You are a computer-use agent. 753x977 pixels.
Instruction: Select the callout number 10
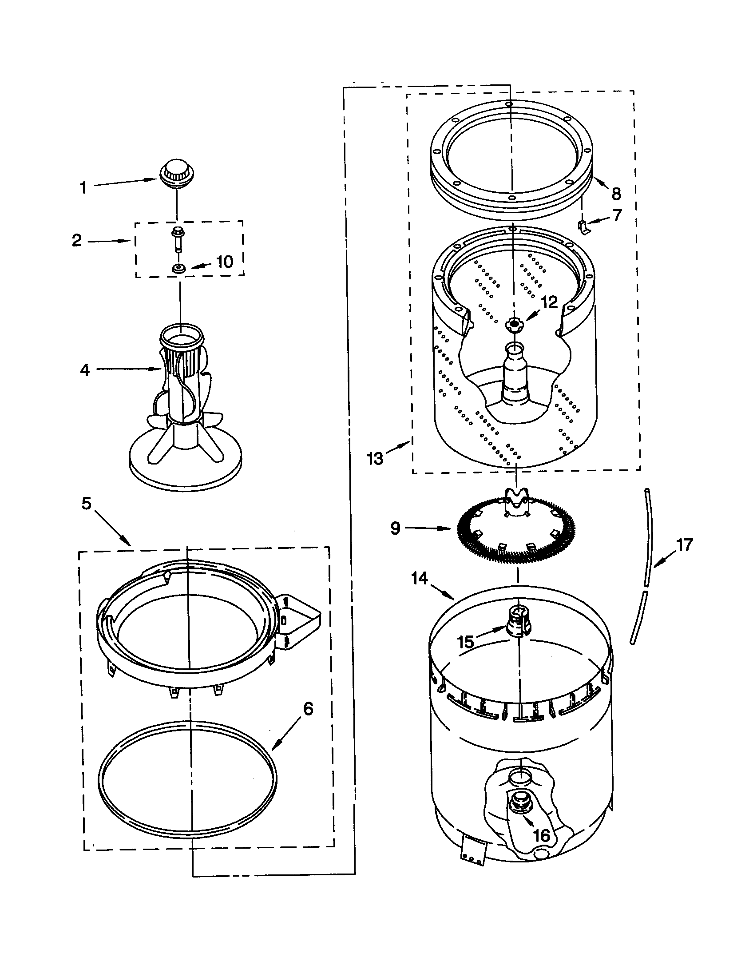225,262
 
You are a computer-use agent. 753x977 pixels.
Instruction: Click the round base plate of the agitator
185,468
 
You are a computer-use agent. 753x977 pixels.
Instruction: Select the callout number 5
86,504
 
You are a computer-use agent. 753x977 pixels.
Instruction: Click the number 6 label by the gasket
308,709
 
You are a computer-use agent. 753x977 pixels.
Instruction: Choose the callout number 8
616,194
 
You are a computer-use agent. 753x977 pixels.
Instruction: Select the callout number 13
375,459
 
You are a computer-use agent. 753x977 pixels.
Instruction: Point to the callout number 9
395,528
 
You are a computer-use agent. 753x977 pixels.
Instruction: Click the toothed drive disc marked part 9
516,532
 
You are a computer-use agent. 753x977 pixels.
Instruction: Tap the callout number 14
420,579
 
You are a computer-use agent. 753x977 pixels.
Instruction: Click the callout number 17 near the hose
684,545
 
